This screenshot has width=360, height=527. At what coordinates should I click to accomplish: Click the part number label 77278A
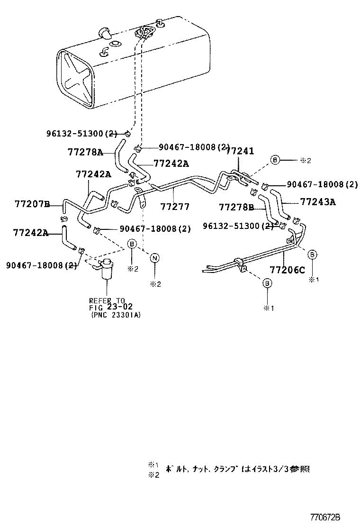[x=85, y=152]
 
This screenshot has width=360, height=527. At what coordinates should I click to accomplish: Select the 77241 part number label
[x=240, y=151]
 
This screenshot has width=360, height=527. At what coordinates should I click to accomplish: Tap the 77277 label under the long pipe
[x=175, y=207]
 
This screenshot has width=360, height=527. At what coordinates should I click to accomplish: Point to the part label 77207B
[x=32, y=204]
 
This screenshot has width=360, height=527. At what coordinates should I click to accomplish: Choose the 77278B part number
[x=236, y=207]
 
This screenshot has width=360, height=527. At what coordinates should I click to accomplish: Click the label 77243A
[x=317, y=202]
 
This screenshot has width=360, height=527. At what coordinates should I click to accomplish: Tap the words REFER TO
[x=107, y=300]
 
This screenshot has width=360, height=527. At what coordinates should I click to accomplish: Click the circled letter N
[x=155, y=257]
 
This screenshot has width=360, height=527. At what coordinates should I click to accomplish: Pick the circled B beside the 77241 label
[x=275, y=160]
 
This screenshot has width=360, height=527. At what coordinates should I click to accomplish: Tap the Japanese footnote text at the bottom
[x=237, y=469]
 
